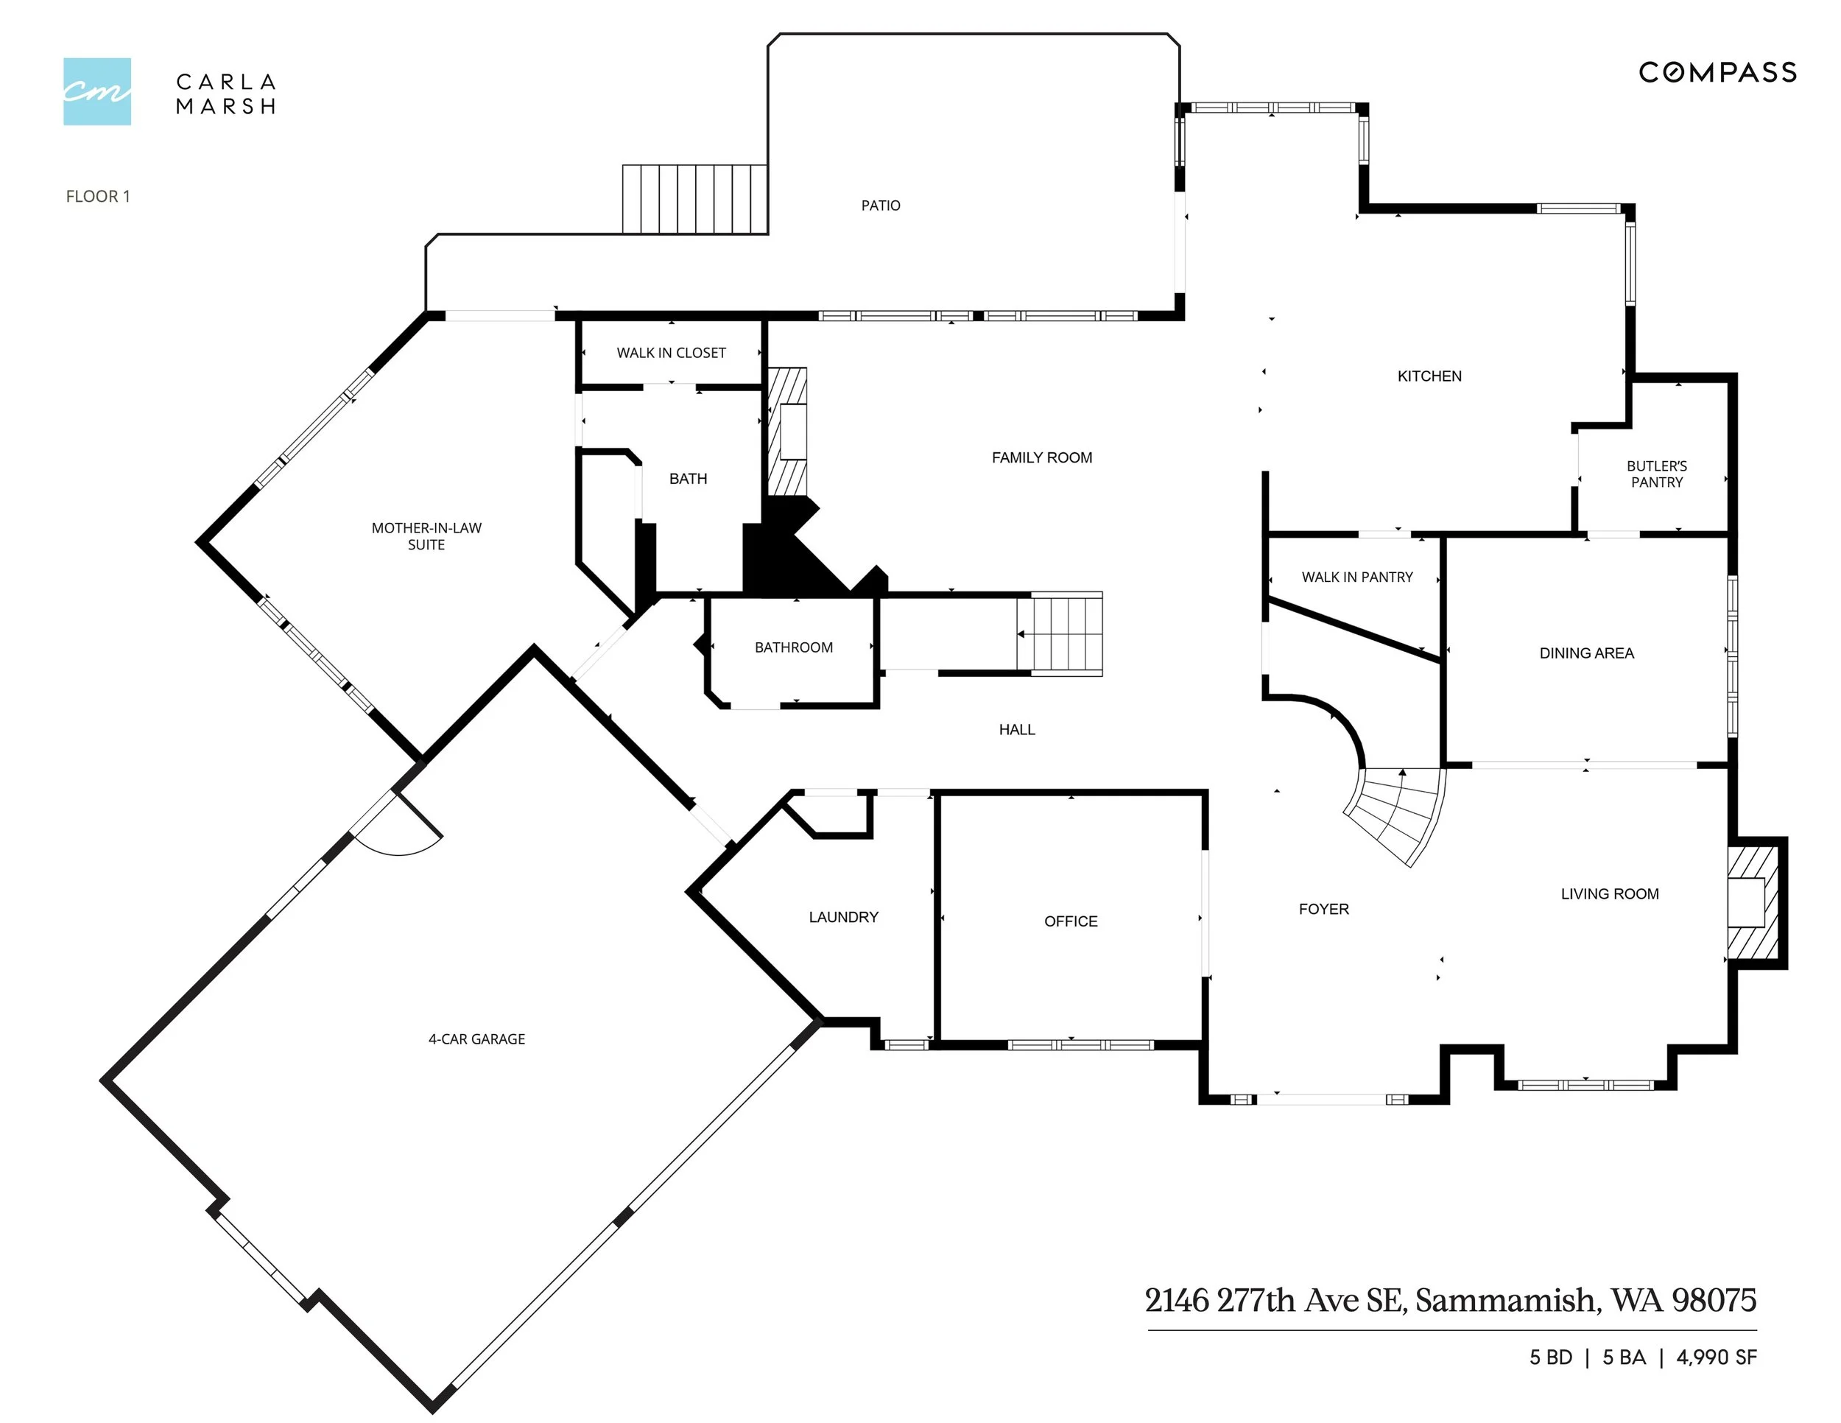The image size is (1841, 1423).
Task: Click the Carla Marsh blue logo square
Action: pos(97,91)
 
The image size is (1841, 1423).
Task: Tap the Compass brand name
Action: pos(1717,72)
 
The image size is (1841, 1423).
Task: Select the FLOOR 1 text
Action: pos(98,197)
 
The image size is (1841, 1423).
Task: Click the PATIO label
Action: pos(881,205)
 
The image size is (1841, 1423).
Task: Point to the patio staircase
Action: pos(694,199)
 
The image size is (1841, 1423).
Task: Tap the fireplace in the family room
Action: pos(787,432)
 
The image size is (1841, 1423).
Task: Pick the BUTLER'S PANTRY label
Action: pos(1656,474)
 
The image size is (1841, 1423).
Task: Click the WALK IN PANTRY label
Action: pos(1357,577)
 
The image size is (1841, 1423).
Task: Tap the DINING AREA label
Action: pos(1586,653)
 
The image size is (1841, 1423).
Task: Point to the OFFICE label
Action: pos(1071,922)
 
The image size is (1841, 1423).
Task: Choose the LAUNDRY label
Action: pos(843,917)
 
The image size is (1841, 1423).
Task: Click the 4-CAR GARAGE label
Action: pos(476,1039)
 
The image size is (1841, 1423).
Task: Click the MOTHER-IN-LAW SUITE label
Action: pos(426,536)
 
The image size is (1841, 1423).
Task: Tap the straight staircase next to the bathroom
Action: pos(1060,634)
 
